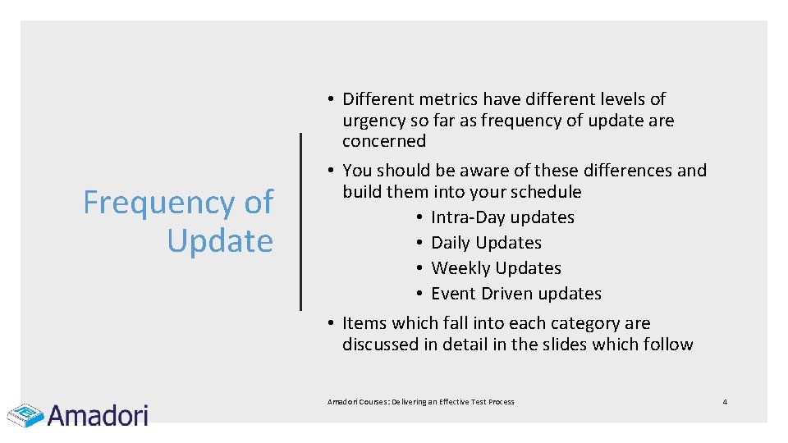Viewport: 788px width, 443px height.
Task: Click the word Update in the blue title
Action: click(220, 241)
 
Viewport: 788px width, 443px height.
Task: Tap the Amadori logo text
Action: click(98, 415)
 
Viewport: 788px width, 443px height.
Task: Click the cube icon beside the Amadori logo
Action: click(25, 414)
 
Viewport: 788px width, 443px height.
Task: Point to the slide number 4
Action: click(725, 401)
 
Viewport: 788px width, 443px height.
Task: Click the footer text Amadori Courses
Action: click(357, 402)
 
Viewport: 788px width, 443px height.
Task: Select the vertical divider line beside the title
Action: click(301, 221)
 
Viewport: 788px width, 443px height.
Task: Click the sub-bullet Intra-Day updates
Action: click(502, 217)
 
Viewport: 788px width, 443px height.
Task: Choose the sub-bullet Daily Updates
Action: click(486, 243)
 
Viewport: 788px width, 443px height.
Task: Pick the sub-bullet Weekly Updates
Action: click(496, 268)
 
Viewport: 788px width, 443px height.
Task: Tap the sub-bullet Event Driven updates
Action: click(515, 294)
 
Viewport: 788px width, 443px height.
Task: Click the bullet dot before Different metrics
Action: click(327, 99)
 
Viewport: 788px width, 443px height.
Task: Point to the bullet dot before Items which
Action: click(327, 323)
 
